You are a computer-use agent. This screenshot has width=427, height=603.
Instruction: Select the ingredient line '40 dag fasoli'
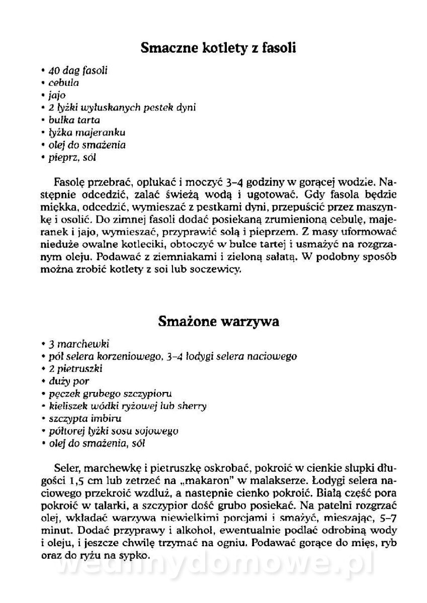click(x=75, y=70)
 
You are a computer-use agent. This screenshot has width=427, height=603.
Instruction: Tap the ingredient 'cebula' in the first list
click(x=63, y=82)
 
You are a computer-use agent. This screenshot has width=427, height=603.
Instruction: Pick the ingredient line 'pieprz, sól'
click(x=72, y=157)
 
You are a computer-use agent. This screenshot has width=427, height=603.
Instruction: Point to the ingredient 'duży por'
click(x=68, y=381)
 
